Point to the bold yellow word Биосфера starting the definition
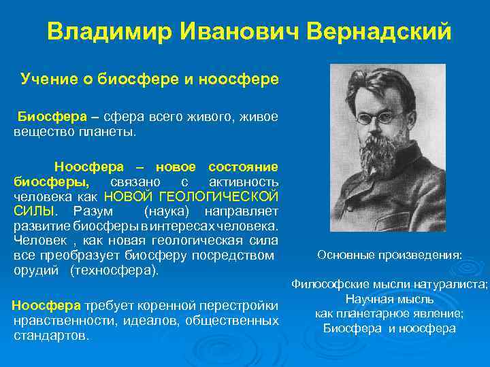pos(45,116)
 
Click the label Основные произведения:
pos(389,256)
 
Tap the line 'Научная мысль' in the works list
pos(389,300)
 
